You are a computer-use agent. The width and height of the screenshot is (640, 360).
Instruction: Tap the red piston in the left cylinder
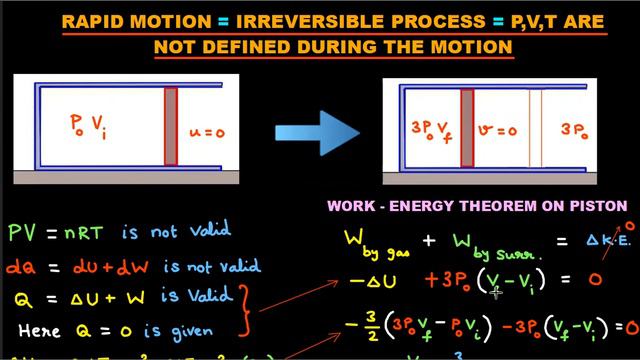click(171, 129)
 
